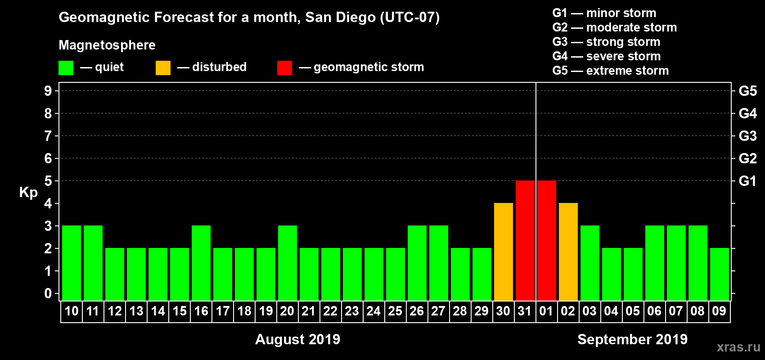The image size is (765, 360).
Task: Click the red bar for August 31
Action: (525, 240)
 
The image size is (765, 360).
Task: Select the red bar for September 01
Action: (546, 240)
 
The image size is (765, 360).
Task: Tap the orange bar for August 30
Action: (503, 252)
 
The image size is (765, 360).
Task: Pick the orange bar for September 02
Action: (568, 252)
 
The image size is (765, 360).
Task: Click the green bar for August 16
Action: (201, 263)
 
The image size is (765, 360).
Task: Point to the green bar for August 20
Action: (287, 263)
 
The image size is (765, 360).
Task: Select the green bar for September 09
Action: (719, 274)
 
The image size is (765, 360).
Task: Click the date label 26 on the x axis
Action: (417, 311)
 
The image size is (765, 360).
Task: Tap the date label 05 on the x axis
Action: (633, 311)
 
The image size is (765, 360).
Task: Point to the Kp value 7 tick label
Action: (48, 136)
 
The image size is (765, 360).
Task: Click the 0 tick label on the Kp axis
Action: (48, 293)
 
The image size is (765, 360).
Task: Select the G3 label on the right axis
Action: (747, 136)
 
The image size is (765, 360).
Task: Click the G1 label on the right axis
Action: (747, 181)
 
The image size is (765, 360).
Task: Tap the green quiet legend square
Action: (66, 68)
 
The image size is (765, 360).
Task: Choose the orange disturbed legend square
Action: (163, 68)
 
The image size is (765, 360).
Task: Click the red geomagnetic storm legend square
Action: (284, 68)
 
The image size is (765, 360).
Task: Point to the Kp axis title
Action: (28, 193)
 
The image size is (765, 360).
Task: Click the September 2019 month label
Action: (632, 339)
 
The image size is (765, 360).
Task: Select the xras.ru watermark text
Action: (738, 347)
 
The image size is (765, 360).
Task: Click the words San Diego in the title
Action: (340, 18)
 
